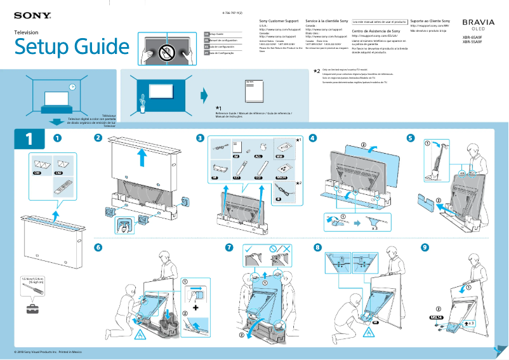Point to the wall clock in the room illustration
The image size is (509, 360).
(72, 87)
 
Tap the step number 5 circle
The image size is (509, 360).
(411, 138)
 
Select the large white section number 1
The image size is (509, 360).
(28, 138)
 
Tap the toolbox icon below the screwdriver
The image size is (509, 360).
(32, 309)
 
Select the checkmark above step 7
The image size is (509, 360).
(249, 248)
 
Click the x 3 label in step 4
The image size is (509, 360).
(376, 226)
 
